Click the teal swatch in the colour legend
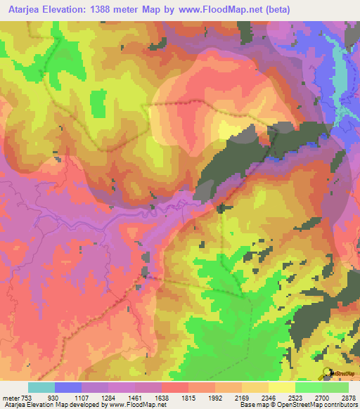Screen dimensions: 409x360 (41, 388)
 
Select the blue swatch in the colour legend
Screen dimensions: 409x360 (68, 388)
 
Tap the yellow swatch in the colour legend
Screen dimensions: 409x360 (282, 388)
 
